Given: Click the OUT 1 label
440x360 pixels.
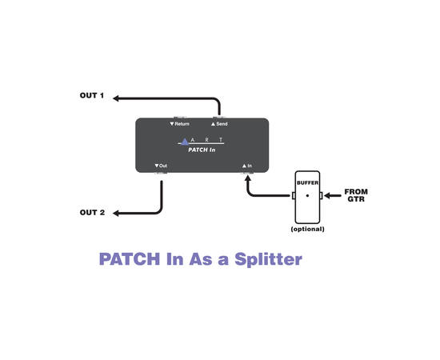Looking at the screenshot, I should pyautogui.click(x=91, y=96).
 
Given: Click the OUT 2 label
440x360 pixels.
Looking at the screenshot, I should pyautogui.click(x=92, y=212).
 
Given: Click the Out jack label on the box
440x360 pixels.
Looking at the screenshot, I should pyautogui.click(x=161, y=166).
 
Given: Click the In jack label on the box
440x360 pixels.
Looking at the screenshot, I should pyautogui.click(x=247, y=166).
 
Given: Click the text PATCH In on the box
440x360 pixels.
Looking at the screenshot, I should pyautogui.click(x=201, y=149).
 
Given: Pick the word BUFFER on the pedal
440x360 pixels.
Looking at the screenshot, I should pyautogui.click(x=307, y=183).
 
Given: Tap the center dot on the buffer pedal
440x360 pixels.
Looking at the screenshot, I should pyautogui.click(x=307, y=195).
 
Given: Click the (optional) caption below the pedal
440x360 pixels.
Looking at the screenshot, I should pyautogui.click(x=307, y=229).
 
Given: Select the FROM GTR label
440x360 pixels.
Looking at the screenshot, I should pyautogui.click(x=355, y=195).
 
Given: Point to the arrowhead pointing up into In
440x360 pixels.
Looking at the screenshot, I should pyautogui.click(x=247, y=176).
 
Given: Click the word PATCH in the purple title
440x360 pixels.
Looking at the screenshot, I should pyautogui.click(x=125, y=260).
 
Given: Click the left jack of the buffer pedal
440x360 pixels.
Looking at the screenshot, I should pyautogui.click(x=292, y=195).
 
